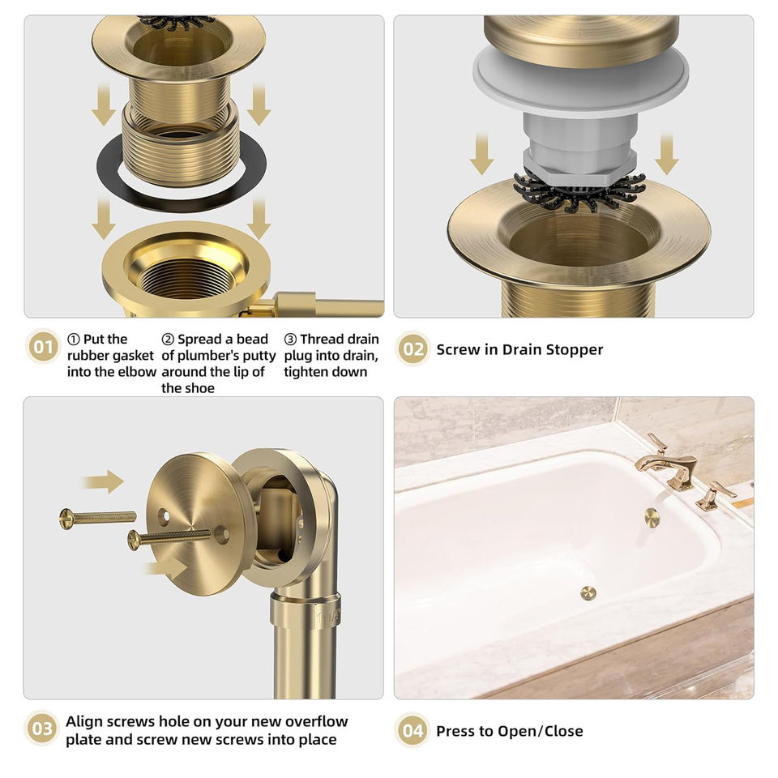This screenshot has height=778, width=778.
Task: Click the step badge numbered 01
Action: coord(43,346)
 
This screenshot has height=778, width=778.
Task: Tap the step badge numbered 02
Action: coord(413,348)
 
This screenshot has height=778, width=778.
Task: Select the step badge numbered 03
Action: coord(41,729)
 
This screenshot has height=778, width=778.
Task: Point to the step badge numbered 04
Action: coord(413,730)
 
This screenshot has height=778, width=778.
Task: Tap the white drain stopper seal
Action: coord(580,87)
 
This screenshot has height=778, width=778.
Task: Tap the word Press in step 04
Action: coord(452,731)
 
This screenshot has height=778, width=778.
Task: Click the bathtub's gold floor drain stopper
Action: coord(588,593)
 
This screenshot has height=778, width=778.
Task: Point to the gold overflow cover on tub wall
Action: coord(652,518)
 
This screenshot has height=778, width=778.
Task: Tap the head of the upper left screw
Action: coord(66,519)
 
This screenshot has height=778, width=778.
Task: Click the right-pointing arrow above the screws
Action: coord(103,481)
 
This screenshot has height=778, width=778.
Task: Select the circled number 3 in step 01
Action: coord(290,340)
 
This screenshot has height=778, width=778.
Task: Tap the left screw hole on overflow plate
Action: coord(163,516)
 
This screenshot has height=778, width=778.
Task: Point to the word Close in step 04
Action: coord(564,731)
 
